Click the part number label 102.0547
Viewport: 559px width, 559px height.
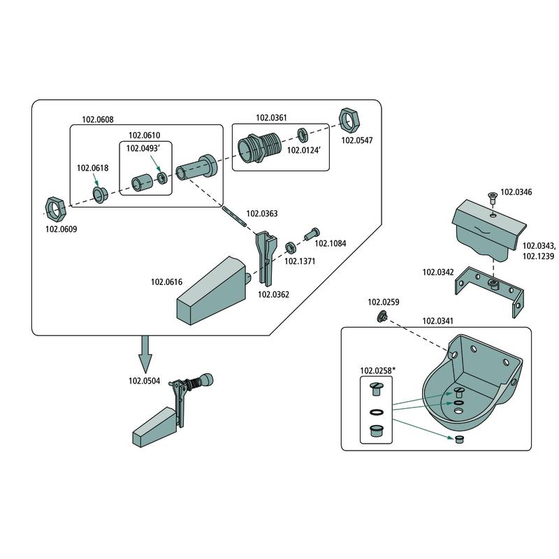tap(356, 140)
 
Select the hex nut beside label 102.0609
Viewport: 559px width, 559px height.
tap(55, 206)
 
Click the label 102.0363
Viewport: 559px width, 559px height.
tap(262, 214)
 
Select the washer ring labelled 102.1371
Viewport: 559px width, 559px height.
tap(289, 247)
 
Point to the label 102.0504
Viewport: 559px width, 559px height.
tap(144, 381)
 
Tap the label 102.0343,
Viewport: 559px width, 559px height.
tap(539, 245)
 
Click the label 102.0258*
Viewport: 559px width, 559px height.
tap(377, 370)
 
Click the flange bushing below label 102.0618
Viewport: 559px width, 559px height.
tap(99, 193)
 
